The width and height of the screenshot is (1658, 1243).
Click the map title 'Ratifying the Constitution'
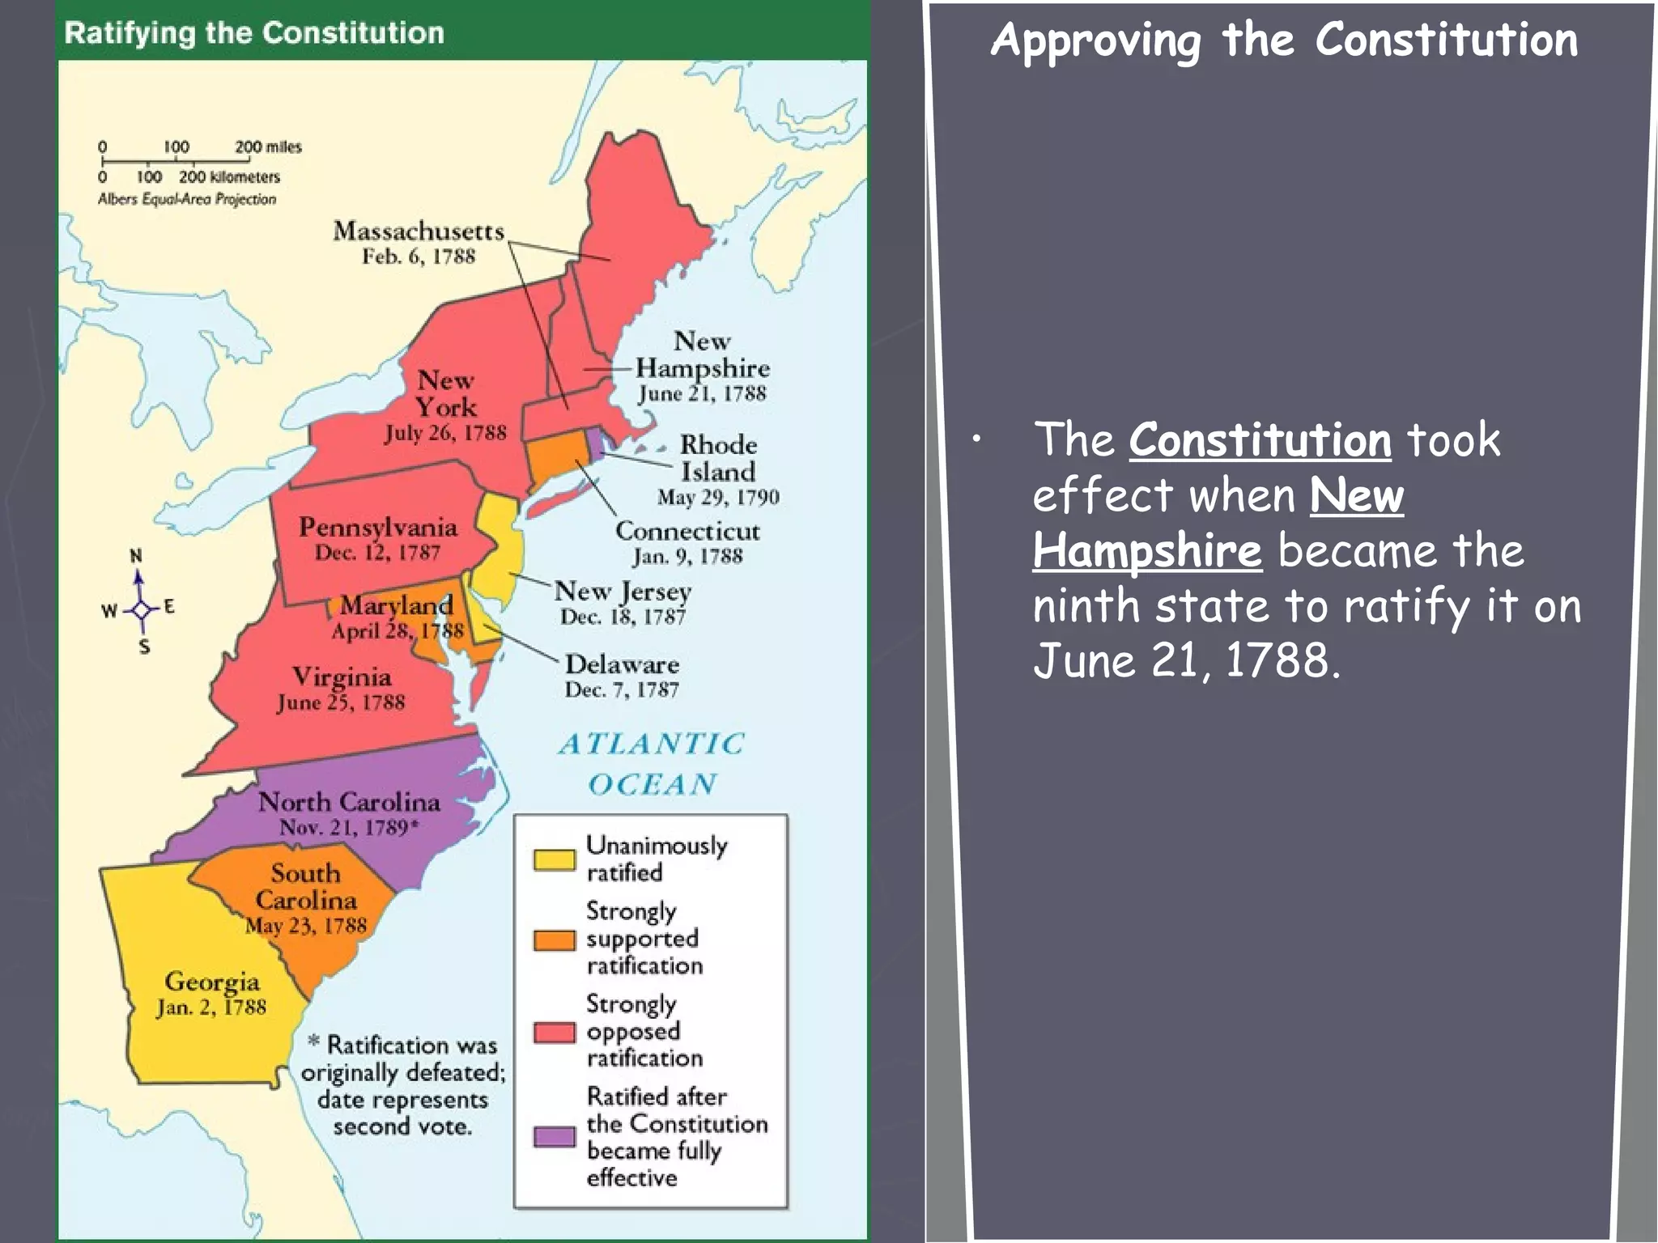tap(254, 33)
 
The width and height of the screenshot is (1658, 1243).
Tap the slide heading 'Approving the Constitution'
tap(1284, 40)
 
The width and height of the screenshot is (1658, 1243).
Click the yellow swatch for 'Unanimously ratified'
tap(554, 859)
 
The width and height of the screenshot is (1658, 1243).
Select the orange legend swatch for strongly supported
tap(554, 940)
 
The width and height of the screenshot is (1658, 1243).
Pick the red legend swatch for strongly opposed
tap(554, 1032)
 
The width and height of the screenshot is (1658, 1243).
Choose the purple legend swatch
tap(554, 1137)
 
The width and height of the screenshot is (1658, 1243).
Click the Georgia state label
tap(212, 982)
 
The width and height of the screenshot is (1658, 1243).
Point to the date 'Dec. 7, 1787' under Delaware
tap(622, 690)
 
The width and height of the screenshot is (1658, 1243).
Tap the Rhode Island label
tap(718, 458)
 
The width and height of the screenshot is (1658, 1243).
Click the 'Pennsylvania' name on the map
tap(378, 528)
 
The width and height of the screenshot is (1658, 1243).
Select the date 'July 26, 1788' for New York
tap(445, 433)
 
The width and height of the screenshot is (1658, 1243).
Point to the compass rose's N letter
tap(136, 556)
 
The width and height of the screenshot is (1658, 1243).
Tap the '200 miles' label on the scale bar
tap(268, 147)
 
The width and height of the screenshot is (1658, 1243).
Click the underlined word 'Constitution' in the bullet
tap(1260, 440)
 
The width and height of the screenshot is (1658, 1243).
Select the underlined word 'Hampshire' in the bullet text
tap(1146, 551)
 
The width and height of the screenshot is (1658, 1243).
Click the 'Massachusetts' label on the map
tap(419, 231)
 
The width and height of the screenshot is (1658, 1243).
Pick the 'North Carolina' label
tap(349, 802)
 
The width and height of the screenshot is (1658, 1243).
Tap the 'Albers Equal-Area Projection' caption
tap(187, 199)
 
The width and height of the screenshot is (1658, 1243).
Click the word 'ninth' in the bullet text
tap(1086, 606)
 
